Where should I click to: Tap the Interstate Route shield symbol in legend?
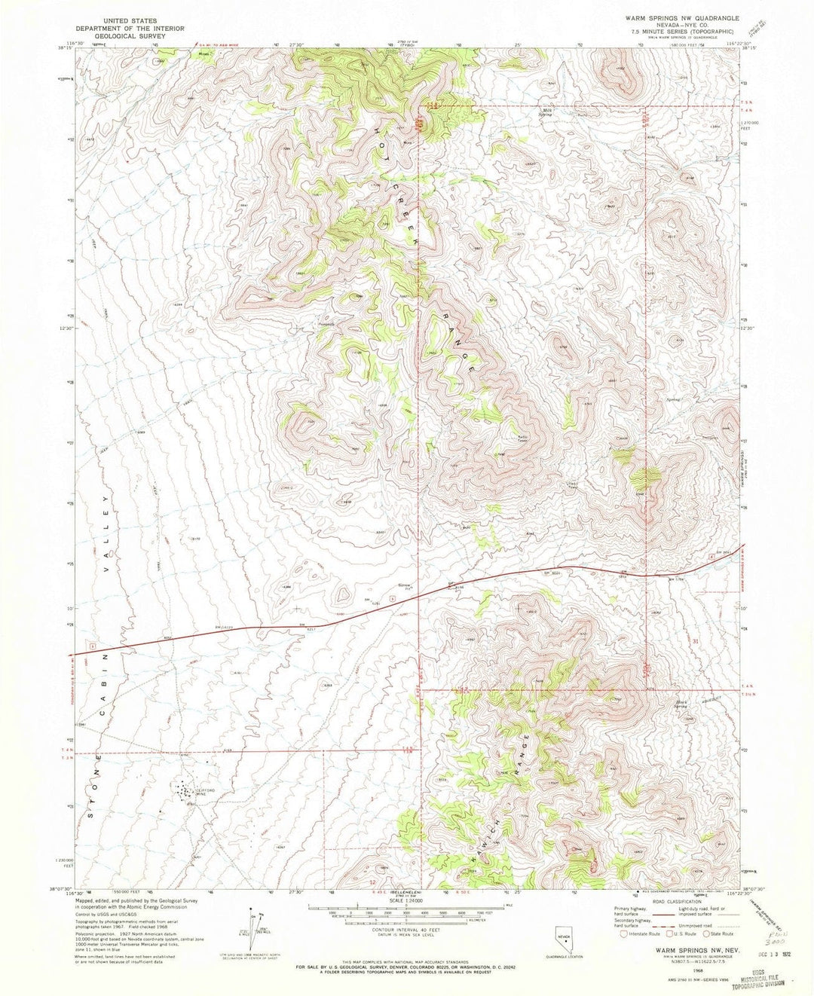coord(623,934)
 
